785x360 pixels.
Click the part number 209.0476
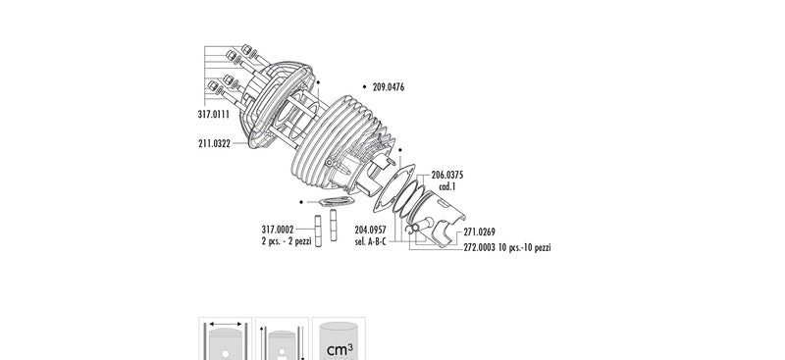(x=389, y=87)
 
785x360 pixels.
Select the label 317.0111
(x=214, y=114)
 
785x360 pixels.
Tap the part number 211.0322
(x=214, y=143)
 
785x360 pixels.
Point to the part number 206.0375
(x=447, y=176)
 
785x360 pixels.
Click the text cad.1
(x=447, y=186)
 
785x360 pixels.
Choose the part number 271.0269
(x=479, y=231)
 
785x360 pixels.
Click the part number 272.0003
(x=479, y=247)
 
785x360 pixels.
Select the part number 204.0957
(x=371, y=231)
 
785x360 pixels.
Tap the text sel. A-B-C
(x=371, y=242)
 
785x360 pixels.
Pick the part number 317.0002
(x=278, y=230)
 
